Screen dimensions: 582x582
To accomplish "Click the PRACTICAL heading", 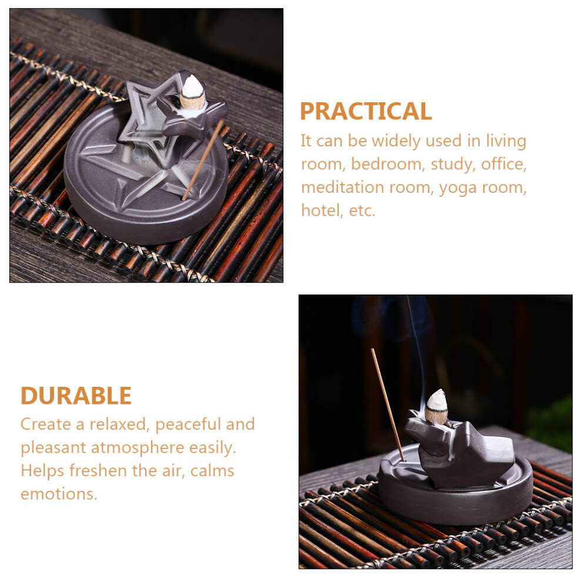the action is [x=366, y=111].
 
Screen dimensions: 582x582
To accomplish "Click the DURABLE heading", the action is [x=76, y=396].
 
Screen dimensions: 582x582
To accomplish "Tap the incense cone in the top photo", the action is [x=192, y=92].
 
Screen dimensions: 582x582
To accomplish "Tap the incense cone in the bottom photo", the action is [x=436, y=406].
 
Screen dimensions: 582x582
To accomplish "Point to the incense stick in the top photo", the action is [x=203, y=160].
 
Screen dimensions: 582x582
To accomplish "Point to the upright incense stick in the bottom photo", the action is [x=388, y=404].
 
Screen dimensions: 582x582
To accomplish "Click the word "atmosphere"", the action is [x=138, y=447].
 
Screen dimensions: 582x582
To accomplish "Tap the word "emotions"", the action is [x=59, y=494].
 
